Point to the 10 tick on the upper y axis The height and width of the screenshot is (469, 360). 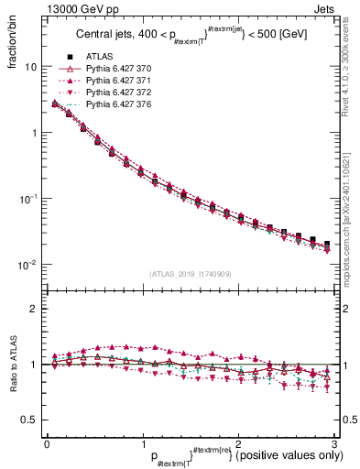click(x=30, y=67)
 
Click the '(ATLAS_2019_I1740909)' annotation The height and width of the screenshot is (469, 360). click(x=190, y=275)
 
